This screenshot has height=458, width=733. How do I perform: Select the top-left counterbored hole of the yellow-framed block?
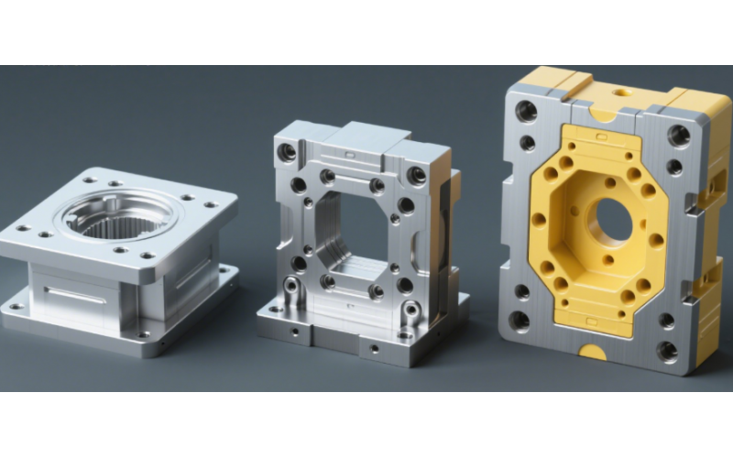pyautogui.click(x=527, y=112)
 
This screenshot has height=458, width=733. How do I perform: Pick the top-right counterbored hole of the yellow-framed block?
pyautogui.click(x=679, y=136)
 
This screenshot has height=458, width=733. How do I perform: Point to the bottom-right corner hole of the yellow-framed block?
pyautogui.click(x=667, y=350)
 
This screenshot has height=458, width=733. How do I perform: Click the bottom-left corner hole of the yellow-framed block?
pyautogui.click(x=520, y=320)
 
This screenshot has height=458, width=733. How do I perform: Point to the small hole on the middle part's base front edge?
pyautogui.click(x=374, y=348)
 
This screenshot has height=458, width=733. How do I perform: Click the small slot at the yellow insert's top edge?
pyautogui.click(x=603, y=136)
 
